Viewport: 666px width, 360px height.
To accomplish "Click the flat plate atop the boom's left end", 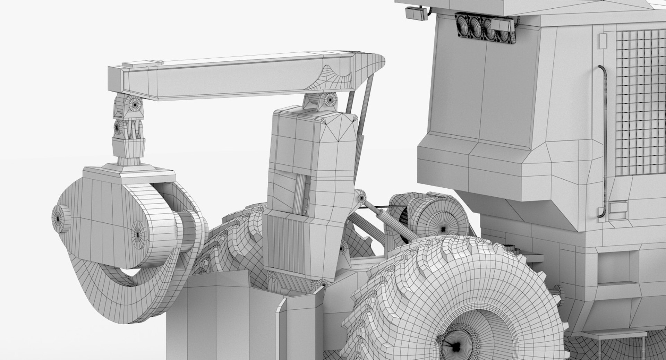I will pyautogui.click(x=143, y=63).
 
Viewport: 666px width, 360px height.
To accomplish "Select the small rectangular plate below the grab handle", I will pyautogui.click(x=617, y=207).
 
